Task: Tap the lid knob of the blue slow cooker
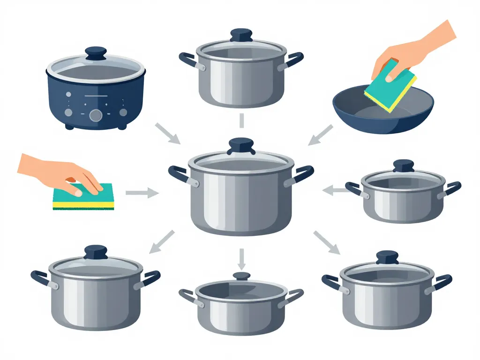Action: (x=96, y=52)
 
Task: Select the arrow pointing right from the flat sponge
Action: (x=142, y=192)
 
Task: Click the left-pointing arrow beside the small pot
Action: (x=334, y=190)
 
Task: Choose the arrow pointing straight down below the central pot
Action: (x=241, y=257)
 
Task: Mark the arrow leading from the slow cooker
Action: (x=167, y=133)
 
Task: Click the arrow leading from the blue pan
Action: (x=320, y=135)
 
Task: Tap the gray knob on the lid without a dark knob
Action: (x=241, y=276)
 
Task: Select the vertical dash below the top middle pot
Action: (x=241, y=120)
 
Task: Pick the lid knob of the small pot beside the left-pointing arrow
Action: (x=403, y=165)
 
